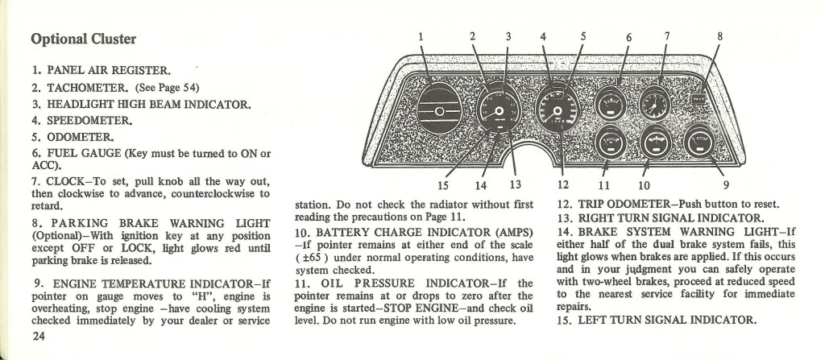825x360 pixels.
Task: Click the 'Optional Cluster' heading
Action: pos(83,39)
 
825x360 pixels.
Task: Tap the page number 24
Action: pos(39,337)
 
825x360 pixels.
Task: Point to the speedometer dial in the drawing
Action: pos(558,109)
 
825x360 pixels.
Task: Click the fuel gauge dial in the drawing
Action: pos(611,103)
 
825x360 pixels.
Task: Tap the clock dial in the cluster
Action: pos(655,103)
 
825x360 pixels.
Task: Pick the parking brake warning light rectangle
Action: pos(699,97)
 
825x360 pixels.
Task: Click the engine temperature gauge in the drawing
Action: pos(700,142)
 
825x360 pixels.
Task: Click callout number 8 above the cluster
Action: pos(719,36)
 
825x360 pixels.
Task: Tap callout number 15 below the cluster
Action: pos(443,185)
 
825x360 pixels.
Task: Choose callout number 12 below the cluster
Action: pos(563,184)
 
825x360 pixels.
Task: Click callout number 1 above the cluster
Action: pos(421,36)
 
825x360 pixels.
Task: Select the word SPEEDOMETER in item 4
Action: pos(89,121)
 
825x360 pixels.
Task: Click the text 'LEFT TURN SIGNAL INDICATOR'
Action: pos(667,320)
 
